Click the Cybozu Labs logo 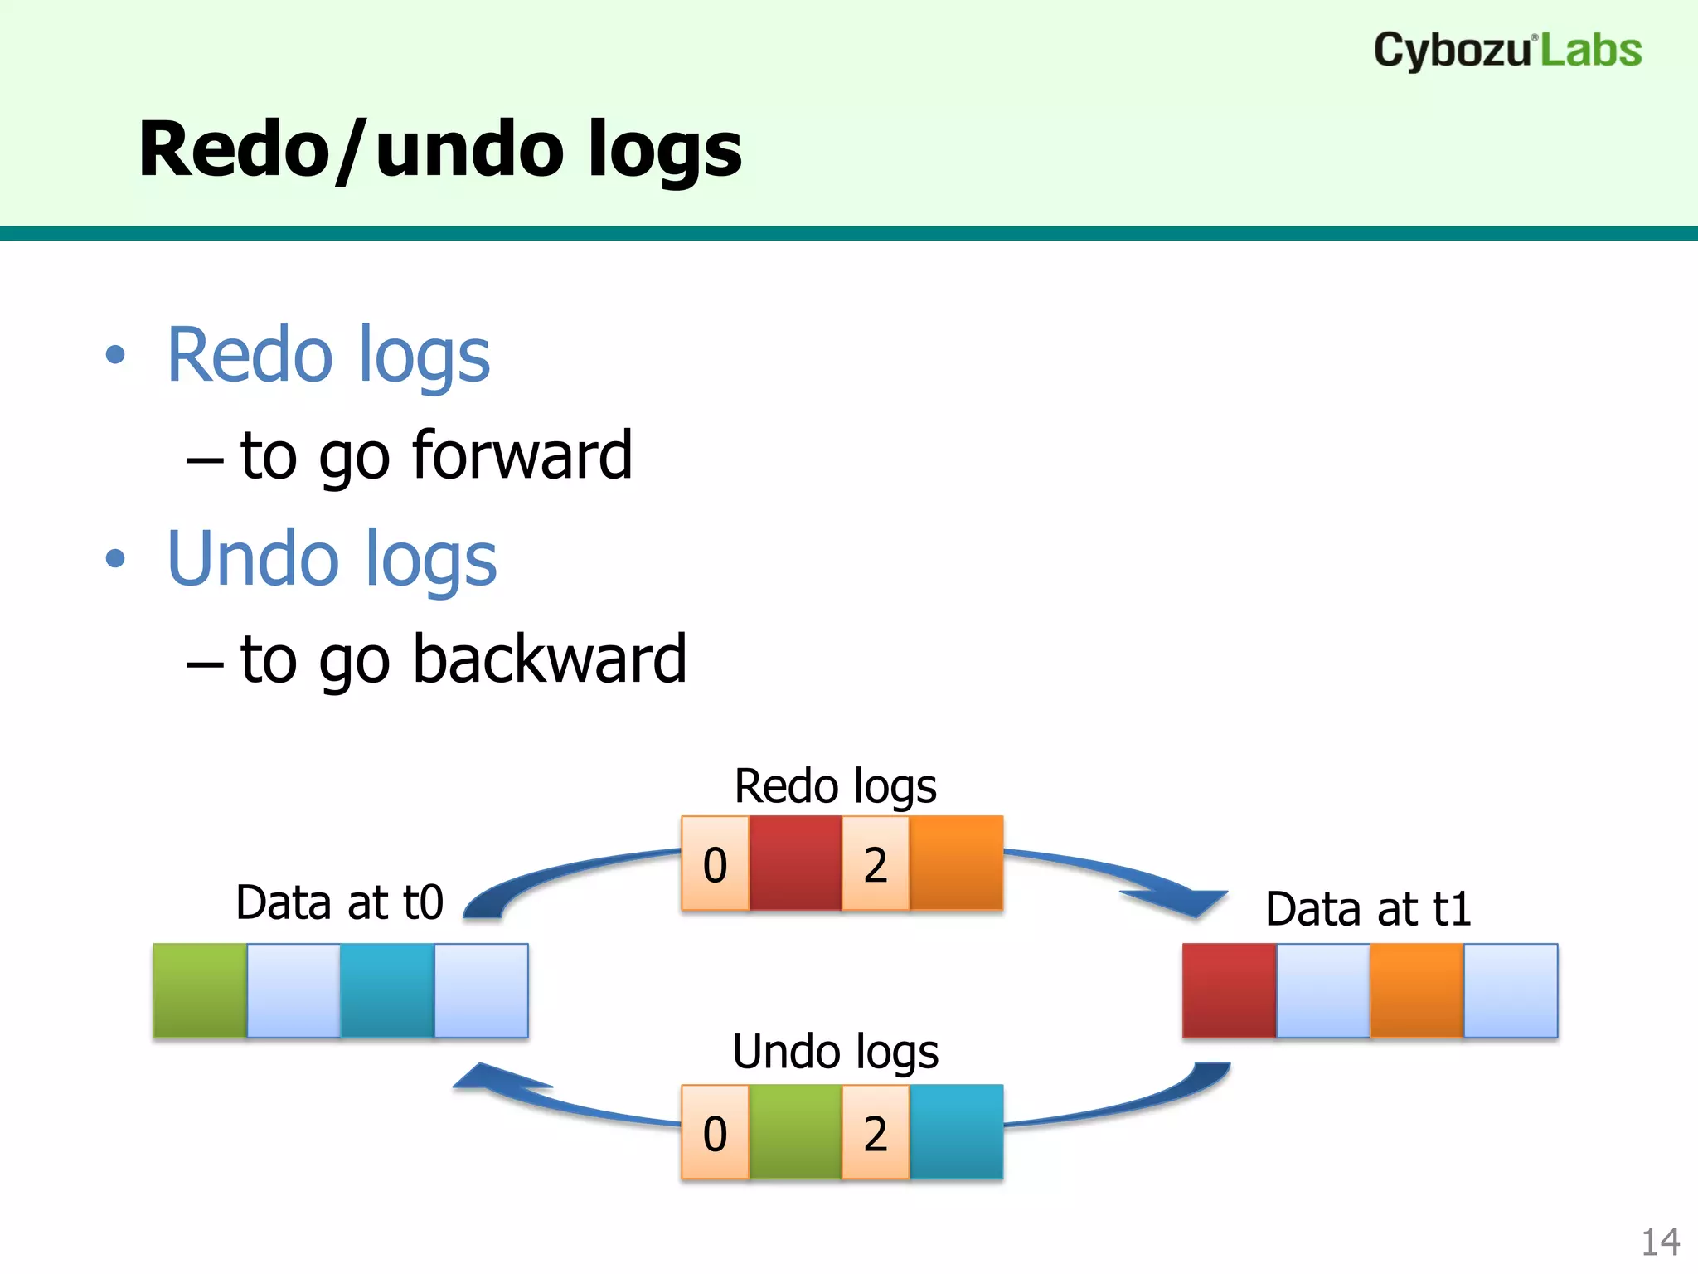pos(1507,51)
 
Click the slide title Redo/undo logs pos(439,149)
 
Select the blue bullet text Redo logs pos(328,355)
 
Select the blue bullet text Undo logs pos(332,559)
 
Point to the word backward pos(550,659)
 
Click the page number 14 pos(1660,1242)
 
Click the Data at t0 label pos(340,902)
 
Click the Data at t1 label pos(1368,909)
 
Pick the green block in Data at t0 pos(200,990)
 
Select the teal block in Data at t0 pos(387,990)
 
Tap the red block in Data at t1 pos(1229,990)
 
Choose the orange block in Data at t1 pos(1416,990)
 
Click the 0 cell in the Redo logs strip pos(715,864)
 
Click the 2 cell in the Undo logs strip pos(876,1133)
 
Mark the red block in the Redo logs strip pos(795,864)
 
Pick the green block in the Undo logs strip pos(795,1133)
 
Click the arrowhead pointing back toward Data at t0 pos(489,1079)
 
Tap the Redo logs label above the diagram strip pos(836,786)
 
